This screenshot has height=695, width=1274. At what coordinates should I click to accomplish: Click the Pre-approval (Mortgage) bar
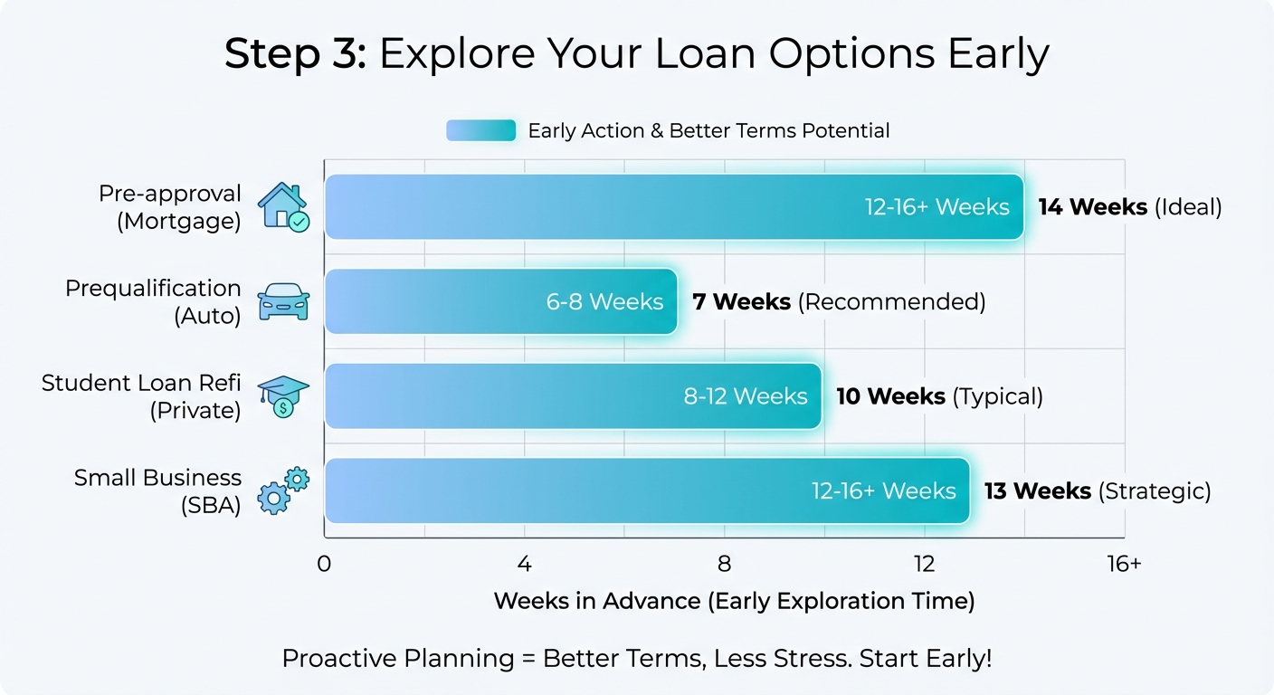pyautogui.click(x=674, y=207)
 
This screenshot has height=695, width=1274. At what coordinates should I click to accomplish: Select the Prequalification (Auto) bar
pyautogui.click(x=500, y=301)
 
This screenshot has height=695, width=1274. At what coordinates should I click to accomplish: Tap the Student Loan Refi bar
pyautogui.click(x=573, y=396)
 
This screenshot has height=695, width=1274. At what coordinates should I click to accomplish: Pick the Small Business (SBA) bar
pyautogui.click(x=647, y=490)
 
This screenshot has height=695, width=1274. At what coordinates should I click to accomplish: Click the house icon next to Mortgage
pyautogui.click(x=283, y=207)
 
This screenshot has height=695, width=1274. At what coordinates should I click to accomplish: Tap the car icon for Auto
pyautogui.click(x=283, y=302)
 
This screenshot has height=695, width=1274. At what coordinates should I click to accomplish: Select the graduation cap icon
pyautogui.click(x=283, y=396)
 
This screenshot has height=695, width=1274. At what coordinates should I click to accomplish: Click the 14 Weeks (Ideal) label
pyautogui.click(x=1129, y=207)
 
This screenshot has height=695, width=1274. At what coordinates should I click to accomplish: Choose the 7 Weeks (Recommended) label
pyautogui.click(x=838, y=301)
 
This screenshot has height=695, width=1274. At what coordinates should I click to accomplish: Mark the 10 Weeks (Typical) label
pyautogui.click(x=938, y=396)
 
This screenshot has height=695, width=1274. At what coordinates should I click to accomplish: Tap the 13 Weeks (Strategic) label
pyautogui.click(x=1097, y=490)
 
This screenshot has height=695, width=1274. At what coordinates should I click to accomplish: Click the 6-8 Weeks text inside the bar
pyautogui.click(x=604, y=301)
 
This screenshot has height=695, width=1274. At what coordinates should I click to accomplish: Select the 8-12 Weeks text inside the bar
pyautogui.click(x=746, y=396)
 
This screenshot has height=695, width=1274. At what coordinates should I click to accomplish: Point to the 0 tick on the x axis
pyautogui.click(x=324, y=564)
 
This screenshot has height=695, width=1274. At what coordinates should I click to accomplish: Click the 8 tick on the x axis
pyautogui.click(x=724, y=564)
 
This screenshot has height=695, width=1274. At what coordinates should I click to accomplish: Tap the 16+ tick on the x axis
pyautogui.click(x=1124, y=564)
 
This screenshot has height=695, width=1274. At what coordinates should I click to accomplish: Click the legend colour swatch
pyautogui.click(x=480, y=130)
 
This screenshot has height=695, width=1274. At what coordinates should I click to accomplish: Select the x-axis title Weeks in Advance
pyautogui.click(x=734, y=601)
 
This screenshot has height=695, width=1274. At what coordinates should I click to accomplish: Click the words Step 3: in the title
pyautogui.click(x=295, y=54)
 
